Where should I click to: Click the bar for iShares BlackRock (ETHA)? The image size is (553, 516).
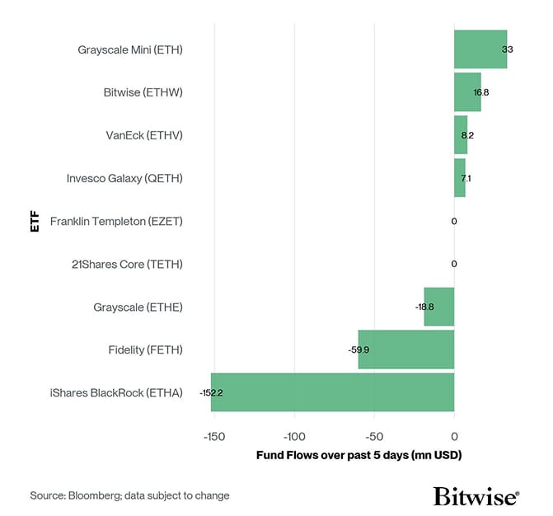(332, 392)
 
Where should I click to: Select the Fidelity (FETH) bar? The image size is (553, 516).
(406, 349)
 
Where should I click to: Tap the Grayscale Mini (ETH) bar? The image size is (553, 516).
(480, 49)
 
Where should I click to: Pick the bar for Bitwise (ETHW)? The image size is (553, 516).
(466, 92)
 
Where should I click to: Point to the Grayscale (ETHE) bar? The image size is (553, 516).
(438, 307)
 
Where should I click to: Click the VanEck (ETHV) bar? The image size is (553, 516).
(460, 135)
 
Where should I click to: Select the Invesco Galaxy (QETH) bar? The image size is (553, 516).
(459, 178)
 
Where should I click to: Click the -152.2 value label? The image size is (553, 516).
(211, 393)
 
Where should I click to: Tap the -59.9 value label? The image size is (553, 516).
(359, 350)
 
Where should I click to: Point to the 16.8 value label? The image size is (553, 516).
(481, 93)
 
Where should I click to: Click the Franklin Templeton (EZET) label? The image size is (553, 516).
(116, 221)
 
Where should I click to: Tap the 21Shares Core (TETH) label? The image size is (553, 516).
(127, 264)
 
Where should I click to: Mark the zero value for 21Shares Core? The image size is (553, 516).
(454, 264)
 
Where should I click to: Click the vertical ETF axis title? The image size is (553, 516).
(35, 221)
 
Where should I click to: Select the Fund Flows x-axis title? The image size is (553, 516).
(359, 455)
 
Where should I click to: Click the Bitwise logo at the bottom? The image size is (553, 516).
(476, 495)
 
